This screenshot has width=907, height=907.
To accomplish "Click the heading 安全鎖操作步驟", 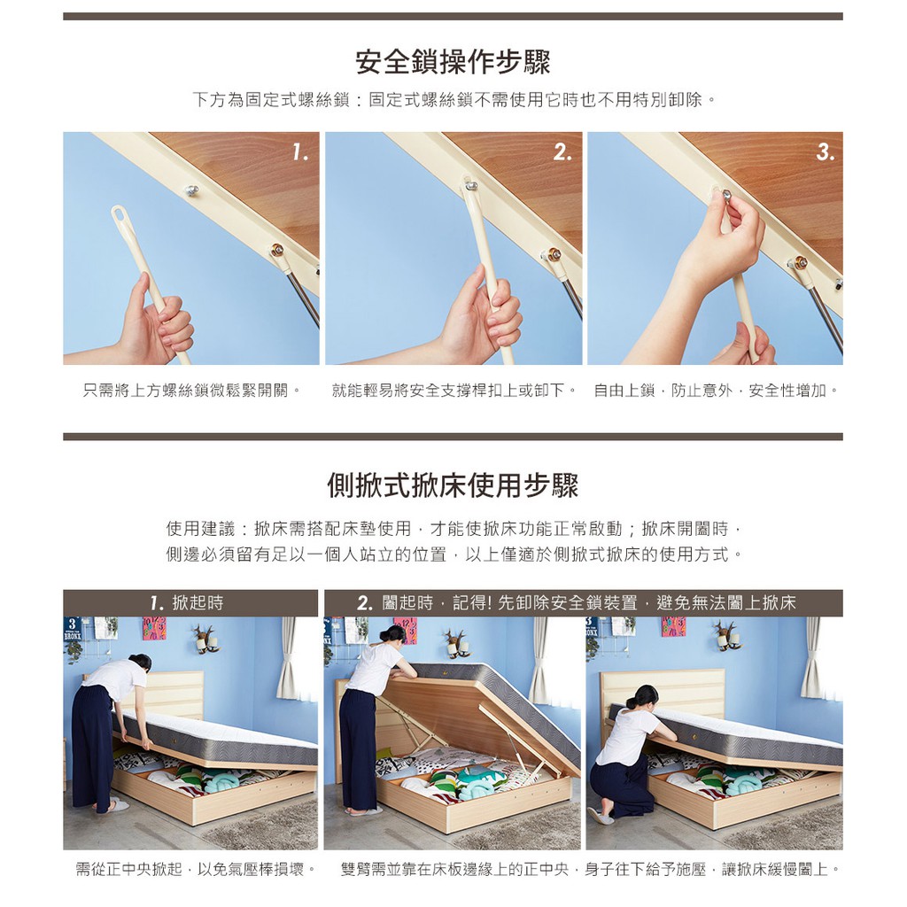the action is tap(453, 63).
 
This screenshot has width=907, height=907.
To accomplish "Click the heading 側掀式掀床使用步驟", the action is tap(453, 485).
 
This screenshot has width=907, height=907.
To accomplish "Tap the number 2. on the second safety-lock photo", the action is tap(562, 152).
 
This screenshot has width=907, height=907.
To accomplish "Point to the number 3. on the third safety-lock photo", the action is tap(826, 152).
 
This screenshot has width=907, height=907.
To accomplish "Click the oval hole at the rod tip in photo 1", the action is tap(120, 213).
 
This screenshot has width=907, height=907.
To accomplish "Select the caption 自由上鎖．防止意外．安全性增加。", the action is tap(716, 391).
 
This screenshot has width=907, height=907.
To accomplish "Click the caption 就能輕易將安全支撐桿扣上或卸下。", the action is tap(454, 391).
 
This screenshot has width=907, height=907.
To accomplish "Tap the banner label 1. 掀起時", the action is tap(187, 603).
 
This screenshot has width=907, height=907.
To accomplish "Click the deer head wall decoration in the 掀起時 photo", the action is tap(205, 638).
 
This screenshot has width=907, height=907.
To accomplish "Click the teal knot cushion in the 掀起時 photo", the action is tap(218, 782).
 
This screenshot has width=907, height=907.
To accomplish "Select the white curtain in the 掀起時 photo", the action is tap(289, 658).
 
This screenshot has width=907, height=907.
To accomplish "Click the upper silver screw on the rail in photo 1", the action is tap(191, 190).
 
